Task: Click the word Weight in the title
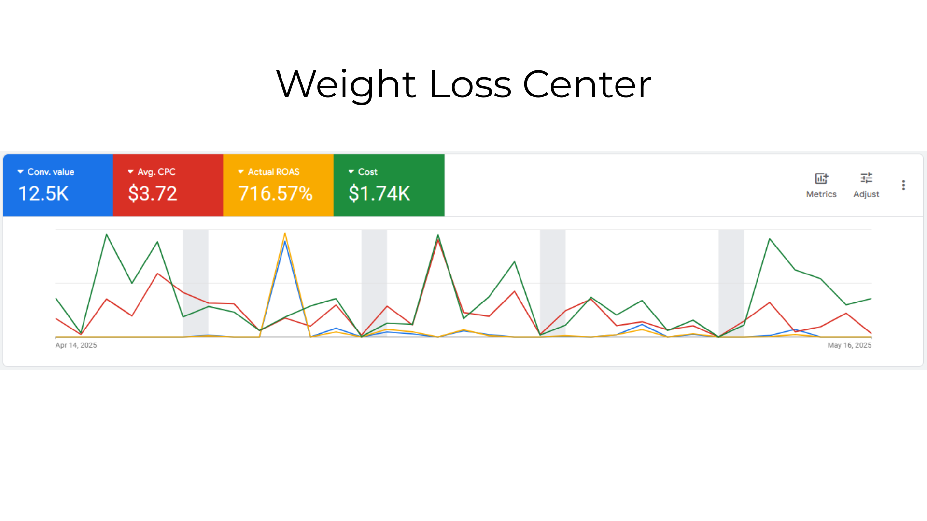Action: [x=346, y=85]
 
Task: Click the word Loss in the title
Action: [x=470, y=85]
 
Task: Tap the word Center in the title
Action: [x=587, y=85]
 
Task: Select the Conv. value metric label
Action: [x=51, y=172]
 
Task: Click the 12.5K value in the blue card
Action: [x=43, y=194]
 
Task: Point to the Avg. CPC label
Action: [x=156, y=172]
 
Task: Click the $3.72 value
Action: [x=153, y=194]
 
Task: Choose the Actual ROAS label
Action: [x=274, y=172]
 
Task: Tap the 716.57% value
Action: [x=276, y=194]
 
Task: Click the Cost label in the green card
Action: [x=367, y=172]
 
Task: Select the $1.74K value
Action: [x=379, y=194]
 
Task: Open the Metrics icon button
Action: [x=821, y=178]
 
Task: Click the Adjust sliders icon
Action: [x=866, y=178]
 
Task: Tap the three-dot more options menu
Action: [x=903, y=185]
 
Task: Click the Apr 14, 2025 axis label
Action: [x=76, y=345]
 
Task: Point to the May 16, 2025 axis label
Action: [x=849, y=345]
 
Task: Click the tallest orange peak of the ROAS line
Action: [x=285, y=234]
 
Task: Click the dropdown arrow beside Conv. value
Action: [x=20, y=172]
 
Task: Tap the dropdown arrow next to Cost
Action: [x=351, y=172]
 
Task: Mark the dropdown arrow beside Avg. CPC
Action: [x=130, y=172]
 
